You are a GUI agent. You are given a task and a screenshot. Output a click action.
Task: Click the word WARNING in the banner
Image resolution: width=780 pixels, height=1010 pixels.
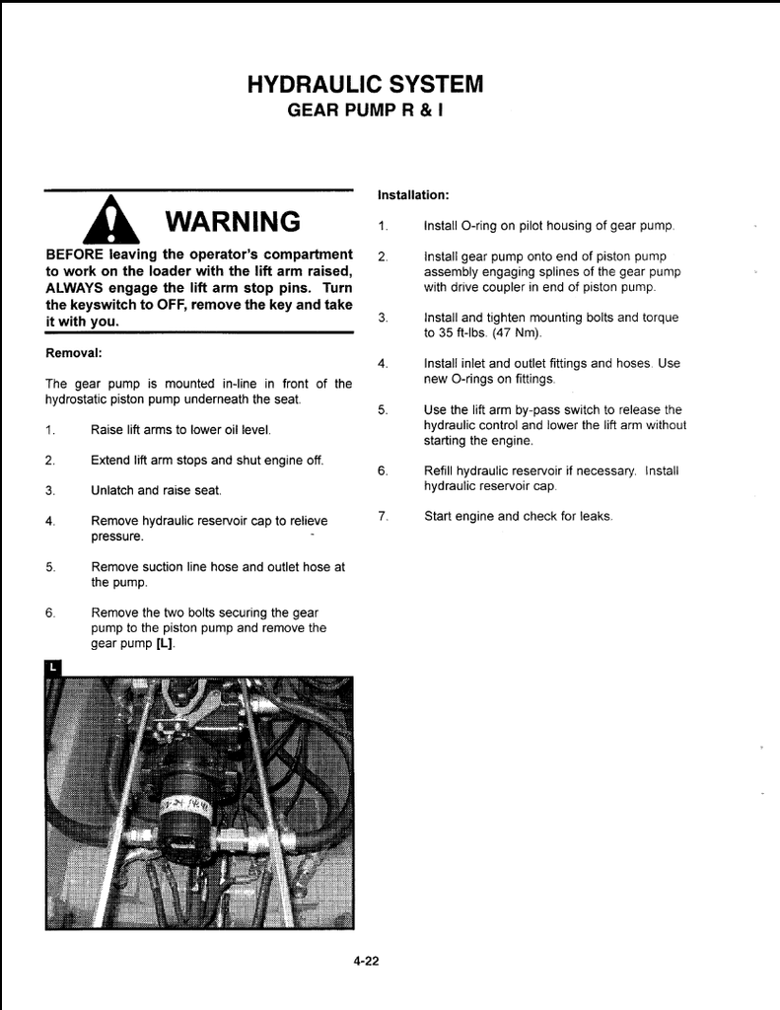click(233, 220)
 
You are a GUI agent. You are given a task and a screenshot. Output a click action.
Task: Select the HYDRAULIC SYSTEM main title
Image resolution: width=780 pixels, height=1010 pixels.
click(365, 84)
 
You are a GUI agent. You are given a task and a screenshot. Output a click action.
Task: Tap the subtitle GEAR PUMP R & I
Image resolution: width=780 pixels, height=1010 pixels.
click(365, 110)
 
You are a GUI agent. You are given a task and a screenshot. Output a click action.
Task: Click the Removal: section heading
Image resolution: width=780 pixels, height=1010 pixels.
click(74, 352)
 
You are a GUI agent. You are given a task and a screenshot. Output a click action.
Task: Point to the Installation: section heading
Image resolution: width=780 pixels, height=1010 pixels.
click(413, 194)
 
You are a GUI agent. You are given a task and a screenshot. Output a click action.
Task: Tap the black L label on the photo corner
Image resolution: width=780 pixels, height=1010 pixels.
click(52, 668)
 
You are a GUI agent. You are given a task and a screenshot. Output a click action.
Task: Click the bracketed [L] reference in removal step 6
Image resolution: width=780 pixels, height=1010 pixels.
click(165, 643)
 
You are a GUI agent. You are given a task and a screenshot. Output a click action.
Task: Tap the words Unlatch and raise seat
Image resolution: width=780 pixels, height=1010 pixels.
click(156, 490)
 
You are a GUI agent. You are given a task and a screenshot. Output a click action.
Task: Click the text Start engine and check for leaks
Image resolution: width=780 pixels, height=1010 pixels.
click(518, 516)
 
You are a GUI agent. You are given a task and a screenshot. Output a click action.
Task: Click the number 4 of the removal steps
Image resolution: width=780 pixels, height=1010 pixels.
click(49, 521)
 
